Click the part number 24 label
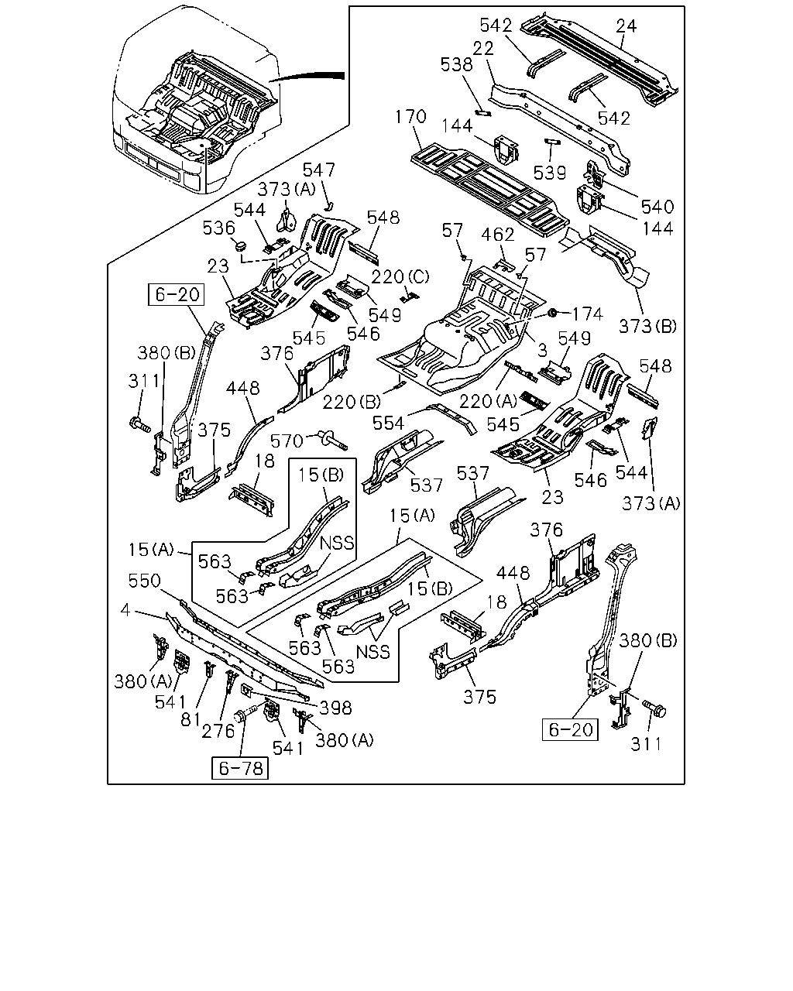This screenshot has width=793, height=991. point(627,26)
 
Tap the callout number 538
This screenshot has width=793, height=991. point(456,64)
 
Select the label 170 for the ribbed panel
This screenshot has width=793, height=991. point(410,116)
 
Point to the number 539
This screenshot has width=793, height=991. point(549,173)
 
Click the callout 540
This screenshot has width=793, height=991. point(657,207)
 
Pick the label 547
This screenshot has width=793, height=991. point(318,170)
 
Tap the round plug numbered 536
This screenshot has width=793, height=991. point(241,245)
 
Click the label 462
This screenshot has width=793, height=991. point(498,235)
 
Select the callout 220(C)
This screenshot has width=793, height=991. point(400,276)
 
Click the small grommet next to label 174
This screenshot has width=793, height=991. point(551,314)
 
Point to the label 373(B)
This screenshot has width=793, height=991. point(647,326)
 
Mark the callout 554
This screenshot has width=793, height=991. point(388,423)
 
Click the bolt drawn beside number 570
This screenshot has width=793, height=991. point(333,440)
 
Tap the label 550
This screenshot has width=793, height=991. point(144,581)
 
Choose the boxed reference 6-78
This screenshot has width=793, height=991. point(240,768)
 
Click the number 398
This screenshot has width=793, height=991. point(335,708)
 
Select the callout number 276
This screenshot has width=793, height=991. point(218,731)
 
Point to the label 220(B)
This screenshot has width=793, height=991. point(352,402)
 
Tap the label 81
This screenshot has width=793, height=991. point(190,718)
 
